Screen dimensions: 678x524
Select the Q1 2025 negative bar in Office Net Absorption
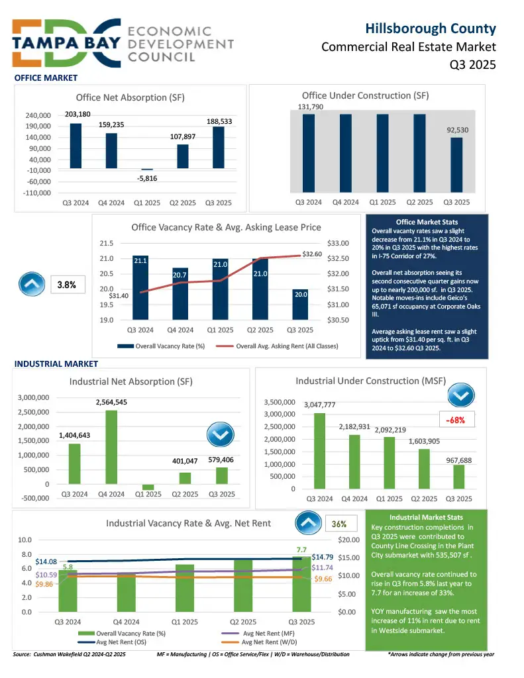click(x=147, y=169)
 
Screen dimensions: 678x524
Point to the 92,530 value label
click(x=456, y=130)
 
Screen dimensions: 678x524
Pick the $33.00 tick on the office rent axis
click(x=340, y=244)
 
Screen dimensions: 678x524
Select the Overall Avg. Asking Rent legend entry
click(x=282, y=346)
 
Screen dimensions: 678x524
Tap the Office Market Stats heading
click(x=427, y=222)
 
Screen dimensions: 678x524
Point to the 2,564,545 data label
click(x=111, y=402)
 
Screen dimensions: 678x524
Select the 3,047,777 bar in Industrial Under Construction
click(x=319, y=450)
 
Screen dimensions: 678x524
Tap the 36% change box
click(x=339, y=524)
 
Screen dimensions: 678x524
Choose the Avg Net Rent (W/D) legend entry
click(x=262, y=642)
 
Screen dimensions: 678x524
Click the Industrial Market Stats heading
click(x=427, y=517)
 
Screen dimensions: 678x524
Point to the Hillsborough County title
click(x=431, y=28)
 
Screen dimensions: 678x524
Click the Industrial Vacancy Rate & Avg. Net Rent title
click(x=188, y=524)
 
